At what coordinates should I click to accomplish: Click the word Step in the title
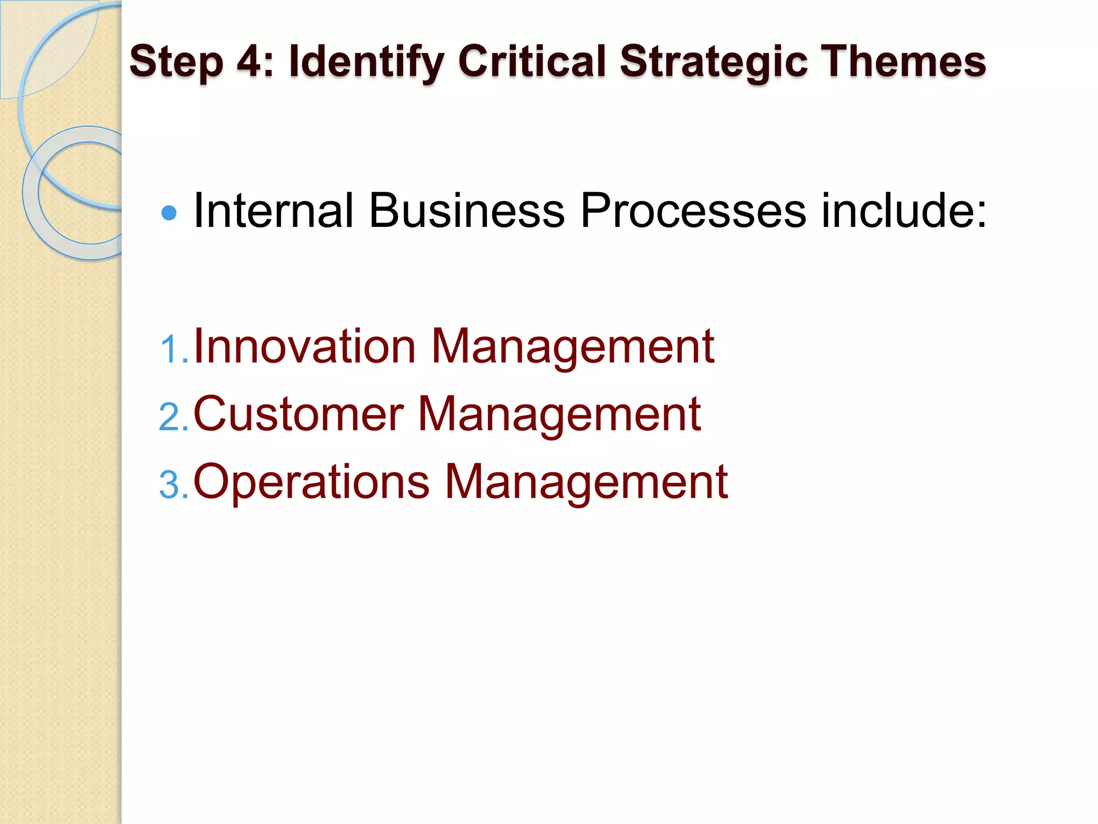pos(176,62)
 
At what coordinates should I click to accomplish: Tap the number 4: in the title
pos(255,61)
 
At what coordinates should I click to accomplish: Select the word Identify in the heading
pos(366,62)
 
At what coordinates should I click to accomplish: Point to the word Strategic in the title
pos(714,62)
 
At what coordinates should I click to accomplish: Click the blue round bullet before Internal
pos(169,213)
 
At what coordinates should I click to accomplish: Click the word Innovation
pos(305,347)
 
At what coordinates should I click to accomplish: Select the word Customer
pos(298,414)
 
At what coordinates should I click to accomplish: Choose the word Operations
pos(311,482)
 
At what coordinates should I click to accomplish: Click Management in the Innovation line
pos(573,348)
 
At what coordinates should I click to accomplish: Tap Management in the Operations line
pos(586,483)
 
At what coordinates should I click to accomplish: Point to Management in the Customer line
pos(559,415)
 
